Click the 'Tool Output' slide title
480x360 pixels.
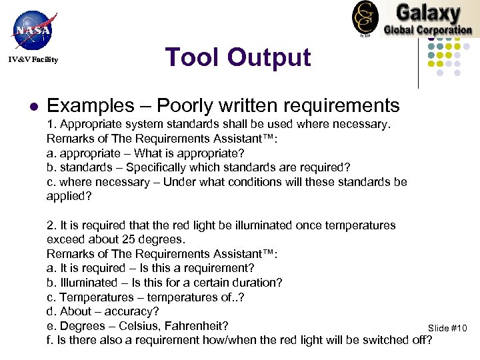pyautogui.click(x=238, y=57)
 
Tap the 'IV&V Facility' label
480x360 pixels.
pyautogui.click(x=33, y=60)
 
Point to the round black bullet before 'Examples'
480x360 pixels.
pyautogui.click(x=32, y=106)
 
